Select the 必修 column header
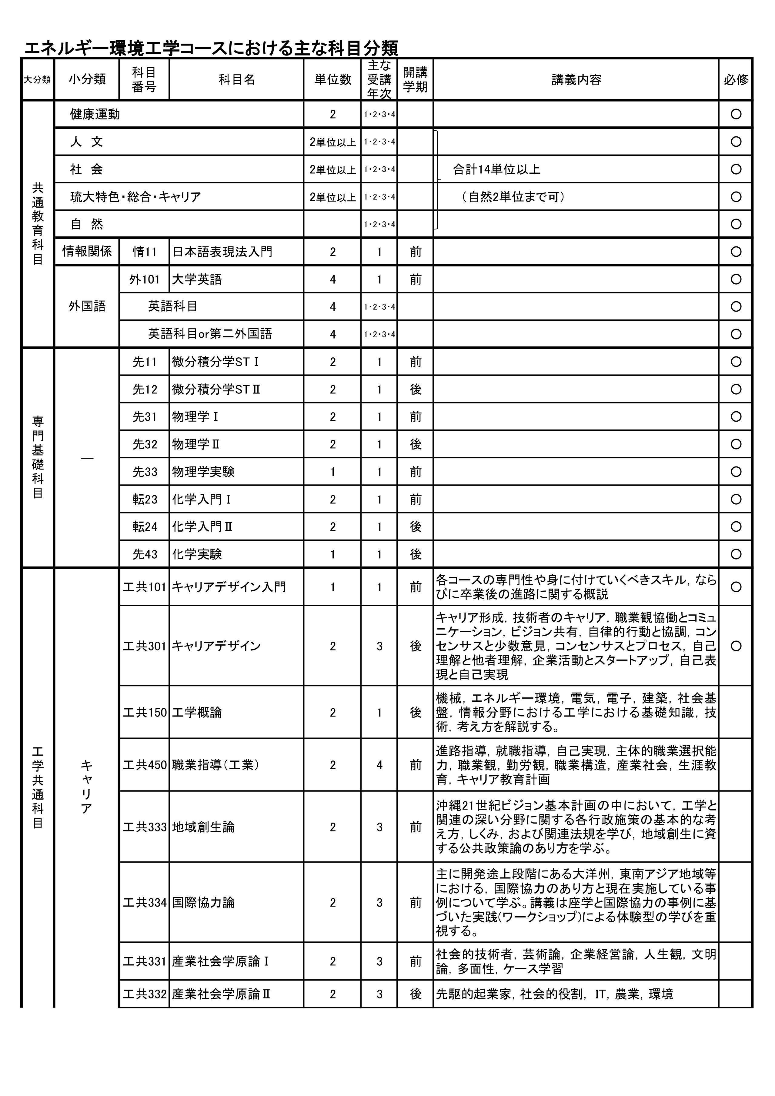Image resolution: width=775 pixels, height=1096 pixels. pyautogui.click(x=736, y=80)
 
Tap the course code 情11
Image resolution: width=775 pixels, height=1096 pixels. pyautogui.click(x=145, y=252)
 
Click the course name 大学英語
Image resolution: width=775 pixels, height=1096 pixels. pyautogui.click(x=197, y=279)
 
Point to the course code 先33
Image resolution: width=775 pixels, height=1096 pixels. pyautogui.click(x=145, y=472)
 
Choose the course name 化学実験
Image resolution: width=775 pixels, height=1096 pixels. pyautogui.click(x=197, y=554)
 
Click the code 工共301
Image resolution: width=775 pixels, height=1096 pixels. pyautogui.click(x=145, y=646)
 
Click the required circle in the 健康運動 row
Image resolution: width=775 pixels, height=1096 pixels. pyautogui.click(x=736, y=114)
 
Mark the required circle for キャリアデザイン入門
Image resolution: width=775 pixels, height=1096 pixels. pyautogui.click(x=736, y=587)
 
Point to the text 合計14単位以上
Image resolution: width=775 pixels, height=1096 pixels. pyautogui.click(x=496, y=169)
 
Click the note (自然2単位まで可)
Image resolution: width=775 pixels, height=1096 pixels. pyautogui.click(x=513, y=197)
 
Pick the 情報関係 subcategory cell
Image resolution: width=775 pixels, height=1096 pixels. pyautogui.click(x=87, y=252)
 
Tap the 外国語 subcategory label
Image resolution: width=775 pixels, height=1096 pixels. pyautogui.click(x=87, y=306)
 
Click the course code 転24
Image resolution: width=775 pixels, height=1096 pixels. pyautogui.click(x=145, y=526)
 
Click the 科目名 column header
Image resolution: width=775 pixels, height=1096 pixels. pyautogui.click(x=237, y=80)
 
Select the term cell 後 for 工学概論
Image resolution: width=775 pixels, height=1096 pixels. pyautogui.click(x=416, y=713)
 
